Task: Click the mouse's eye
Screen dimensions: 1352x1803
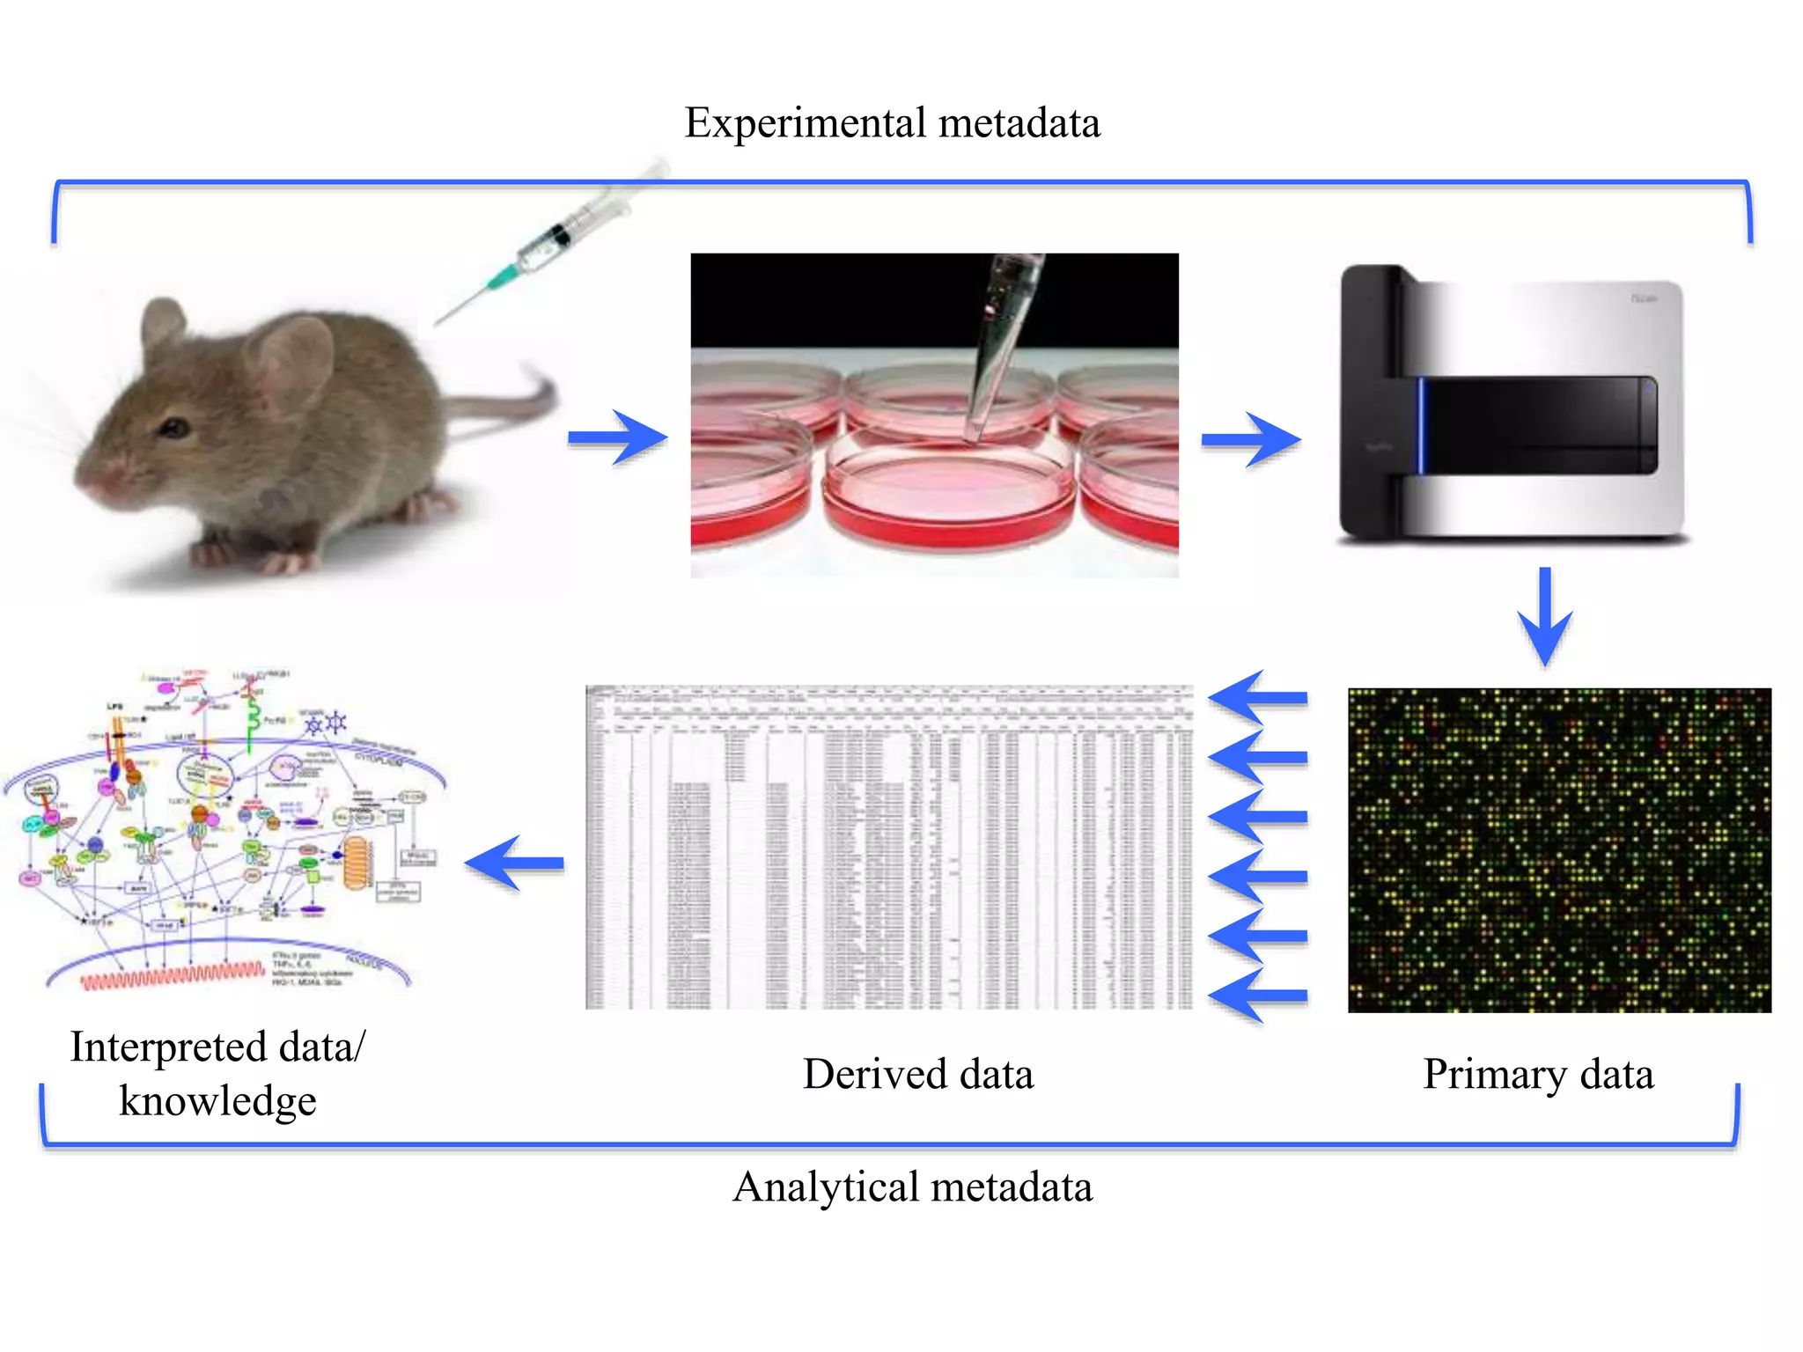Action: click(174, 429)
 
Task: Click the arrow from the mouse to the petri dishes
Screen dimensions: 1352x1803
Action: click(617, 437)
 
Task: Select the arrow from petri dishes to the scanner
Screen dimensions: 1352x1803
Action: click(1251, 438)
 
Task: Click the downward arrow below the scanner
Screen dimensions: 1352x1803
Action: click(1545, 616)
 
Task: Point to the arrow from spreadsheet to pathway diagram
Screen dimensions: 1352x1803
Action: click(515, 863)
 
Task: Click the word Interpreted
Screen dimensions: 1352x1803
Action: click(168, 1047)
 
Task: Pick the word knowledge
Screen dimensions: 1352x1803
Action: click(217, 1102)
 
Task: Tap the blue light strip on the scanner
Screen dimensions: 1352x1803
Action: click(1420, 425)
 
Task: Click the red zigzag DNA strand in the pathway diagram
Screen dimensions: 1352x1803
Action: click(172, 975)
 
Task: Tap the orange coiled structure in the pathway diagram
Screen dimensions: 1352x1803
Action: click(357, 863)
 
